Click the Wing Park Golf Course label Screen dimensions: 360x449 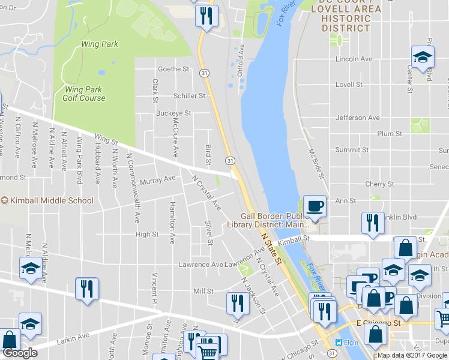click(85, 94)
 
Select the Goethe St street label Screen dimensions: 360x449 click(173, 69)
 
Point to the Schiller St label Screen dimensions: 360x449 click(189, 95)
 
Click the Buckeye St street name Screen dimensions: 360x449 click(173, 113)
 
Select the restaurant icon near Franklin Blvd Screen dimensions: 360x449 click(372, 223)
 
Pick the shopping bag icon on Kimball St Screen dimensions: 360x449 click(406, 248)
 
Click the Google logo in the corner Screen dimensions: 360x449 click(20, 353)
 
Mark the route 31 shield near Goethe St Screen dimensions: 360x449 click(205, 73)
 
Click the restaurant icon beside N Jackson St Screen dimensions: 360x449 click(238, 304)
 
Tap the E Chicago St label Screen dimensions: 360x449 click(378, 323)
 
